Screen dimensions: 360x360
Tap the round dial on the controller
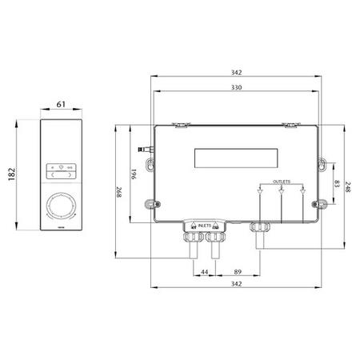click(61, 206)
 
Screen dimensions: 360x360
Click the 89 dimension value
click(237, 273)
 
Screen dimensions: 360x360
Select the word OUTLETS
click(282, 182)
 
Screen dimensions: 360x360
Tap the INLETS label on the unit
click(205, 226)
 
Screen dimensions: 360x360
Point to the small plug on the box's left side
click(145, 148)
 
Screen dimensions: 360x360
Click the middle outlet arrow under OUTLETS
click(282, 192)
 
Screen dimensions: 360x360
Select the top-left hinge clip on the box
click(182, 124)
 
